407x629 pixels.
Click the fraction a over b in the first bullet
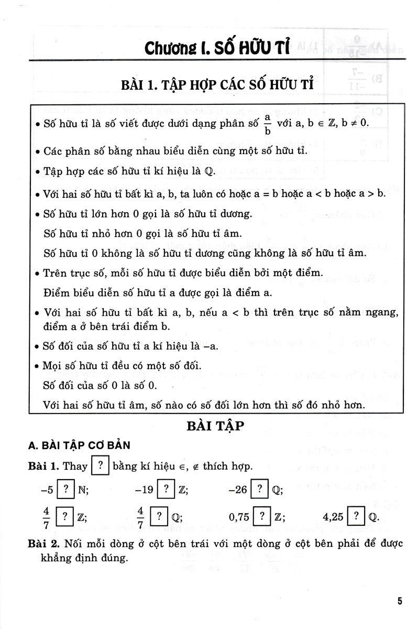267,125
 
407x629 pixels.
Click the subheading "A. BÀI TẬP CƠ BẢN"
79,445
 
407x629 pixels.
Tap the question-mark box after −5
65,490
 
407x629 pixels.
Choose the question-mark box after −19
166,490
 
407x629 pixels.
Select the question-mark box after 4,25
356,516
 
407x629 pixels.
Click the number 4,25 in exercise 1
334,517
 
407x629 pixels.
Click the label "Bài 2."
44,545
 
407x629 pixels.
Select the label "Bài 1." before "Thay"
44,466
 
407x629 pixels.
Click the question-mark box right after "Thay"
100,466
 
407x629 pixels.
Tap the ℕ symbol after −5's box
82,491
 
